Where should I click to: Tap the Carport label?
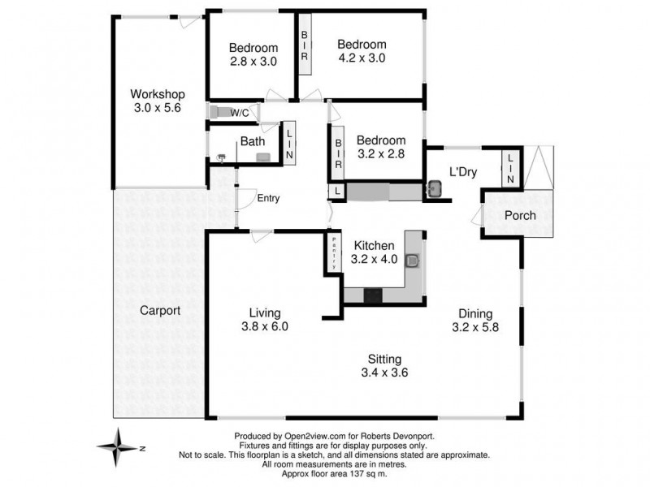point(160,310)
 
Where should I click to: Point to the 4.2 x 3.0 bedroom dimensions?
point(362,58)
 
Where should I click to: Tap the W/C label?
point(240,112)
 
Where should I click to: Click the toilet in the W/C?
point(217,112)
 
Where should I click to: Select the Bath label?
point(251,141)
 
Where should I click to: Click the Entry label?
point(268,198)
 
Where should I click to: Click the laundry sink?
point(434,189)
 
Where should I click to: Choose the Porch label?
point(520,215)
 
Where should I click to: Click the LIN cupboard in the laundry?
point(510,168)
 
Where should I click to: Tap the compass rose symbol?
point(119,446)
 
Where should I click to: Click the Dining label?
point(475,314)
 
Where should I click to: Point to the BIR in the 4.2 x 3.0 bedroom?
point(305,45)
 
